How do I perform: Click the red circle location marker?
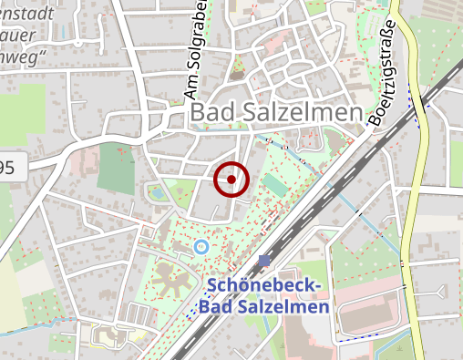[x=231, y=180]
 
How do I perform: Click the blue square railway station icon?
[x=264, y=261]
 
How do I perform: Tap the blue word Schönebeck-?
[x=263, y=285]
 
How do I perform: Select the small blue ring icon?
[x=201, y=246]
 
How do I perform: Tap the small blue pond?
[x=159, y=193]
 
